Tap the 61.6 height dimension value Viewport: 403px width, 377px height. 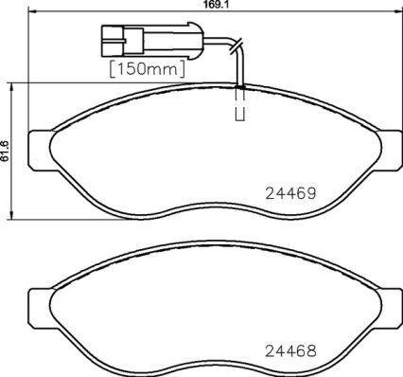tap(5, 152)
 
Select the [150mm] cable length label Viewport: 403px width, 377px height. tap(147, 68)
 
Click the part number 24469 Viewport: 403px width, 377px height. tap(289, 190)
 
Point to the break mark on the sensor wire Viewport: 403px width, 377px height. tap(237, 45)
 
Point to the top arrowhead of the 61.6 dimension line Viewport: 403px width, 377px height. tap(11, 86)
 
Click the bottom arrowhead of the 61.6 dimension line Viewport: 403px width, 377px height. tap(11, 214)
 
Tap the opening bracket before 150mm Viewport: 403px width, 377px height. tap(114, 68)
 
